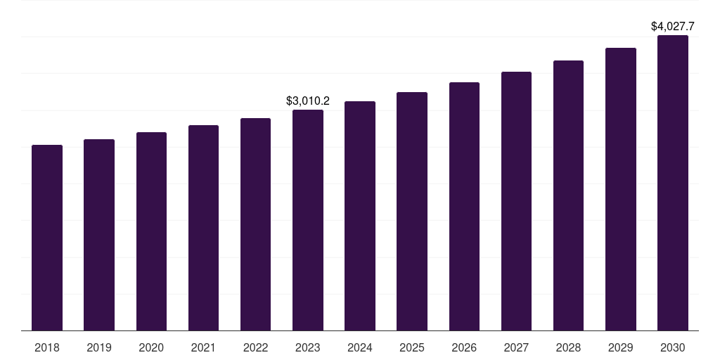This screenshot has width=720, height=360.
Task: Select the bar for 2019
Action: click(x=99, y=235)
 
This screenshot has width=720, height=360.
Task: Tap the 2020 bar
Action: click(x=151, y=231)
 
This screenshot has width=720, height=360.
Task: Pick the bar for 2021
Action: click(x=203, y=228)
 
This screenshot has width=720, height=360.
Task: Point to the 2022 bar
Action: click(x=255, y=224)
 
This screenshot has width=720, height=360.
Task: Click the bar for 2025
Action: click(x=412, y=211)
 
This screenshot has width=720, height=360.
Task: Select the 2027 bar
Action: click(x=516, y=201)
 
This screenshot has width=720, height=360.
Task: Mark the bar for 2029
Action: click(x=621, y=189)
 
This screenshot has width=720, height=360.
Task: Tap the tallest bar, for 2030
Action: click(x=673, y=183)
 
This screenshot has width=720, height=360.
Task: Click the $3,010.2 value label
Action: click(x=308, y=101)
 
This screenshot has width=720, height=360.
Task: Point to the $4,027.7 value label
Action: click(x=673, y=27)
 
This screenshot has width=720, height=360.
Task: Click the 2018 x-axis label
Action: click(x=47, y=347)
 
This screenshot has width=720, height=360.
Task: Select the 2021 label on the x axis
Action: click(x=203, y=347)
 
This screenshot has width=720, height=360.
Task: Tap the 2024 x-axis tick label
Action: click(x=360, y=347)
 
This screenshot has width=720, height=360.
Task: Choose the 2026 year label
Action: click(x=464, y=347)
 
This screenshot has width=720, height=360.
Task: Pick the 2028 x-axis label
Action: click(x=568, y=347)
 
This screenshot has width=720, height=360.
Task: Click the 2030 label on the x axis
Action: click(x=673, y=347)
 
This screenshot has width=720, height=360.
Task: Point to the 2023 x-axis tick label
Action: click(x=308, y=347)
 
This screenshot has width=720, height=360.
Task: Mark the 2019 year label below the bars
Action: click(x=99, y=347)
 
